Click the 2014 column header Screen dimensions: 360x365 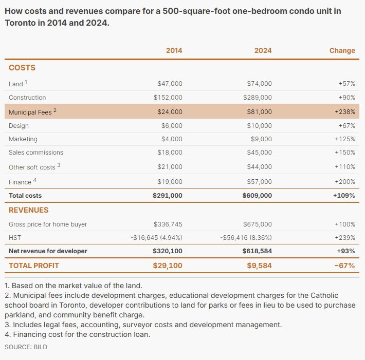[x=174, y=50]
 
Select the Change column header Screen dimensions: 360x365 [x=342, y=50]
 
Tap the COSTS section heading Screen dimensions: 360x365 [x=22, y=68]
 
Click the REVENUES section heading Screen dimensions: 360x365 [x=29, y=210]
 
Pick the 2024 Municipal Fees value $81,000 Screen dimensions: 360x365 [x=259, y=111]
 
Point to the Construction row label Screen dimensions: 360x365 [x=27, y=98]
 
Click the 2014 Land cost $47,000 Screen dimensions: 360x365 [x=170, y=83]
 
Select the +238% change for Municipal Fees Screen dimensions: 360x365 [x=344, y=111]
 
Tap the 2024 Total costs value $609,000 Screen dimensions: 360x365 [x=257, y=196]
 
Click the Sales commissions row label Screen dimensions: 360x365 [x=36, y=153]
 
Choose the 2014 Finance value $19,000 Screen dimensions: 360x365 [x=170, y=181]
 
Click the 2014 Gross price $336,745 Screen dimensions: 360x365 [x=168, y=224]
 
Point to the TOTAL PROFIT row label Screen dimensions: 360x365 [x=34, y=266]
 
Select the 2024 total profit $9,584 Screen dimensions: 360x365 [x=260, y=266]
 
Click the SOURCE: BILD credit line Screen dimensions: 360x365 [x=26, y=347]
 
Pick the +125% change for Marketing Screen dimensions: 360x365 [x=344, y=139]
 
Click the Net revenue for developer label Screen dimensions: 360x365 [x=48, y=251]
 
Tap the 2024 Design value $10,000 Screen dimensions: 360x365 [x=259, y=126]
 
